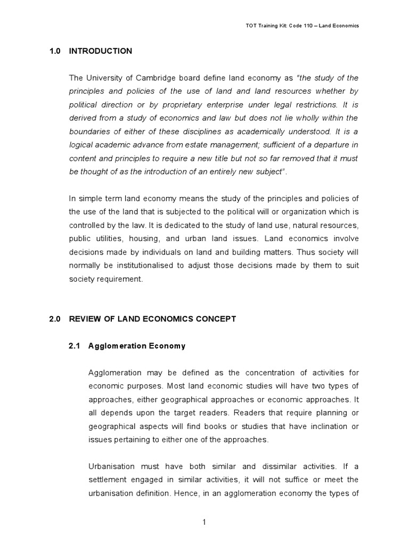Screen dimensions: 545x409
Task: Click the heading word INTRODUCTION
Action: (x=105, y=51)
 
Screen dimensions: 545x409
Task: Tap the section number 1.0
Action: (x=55, y=51)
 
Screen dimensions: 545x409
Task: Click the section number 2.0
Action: (x=55, y=319)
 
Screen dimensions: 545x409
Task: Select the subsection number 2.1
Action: (x=75, y=346)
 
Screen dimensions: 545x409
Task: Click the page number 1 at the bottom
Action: (x=204, y=522)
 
